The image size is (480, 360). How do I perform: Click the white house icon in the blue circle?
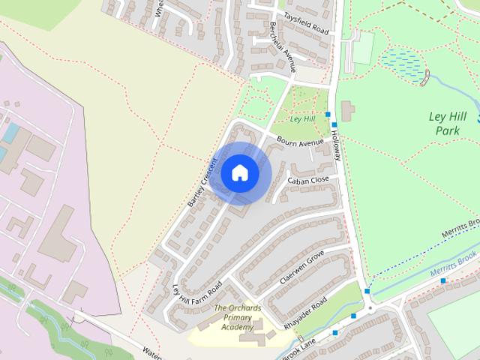(x=240, y=172)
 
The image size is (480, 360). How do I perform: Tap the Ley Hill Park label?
(x=447, y=124)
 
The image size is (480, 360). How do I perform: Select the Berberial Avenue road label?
(x=282, y=45)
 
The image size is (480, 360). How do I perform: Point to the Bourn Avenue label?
(x=299, y=142)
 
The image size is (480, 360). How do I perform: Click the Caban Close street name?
(x=307, y=180)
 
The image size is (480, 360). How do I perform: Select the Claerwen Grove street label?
(x=301, y=267)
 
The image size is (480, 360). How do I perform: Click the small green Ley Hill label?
(x=301, y=119)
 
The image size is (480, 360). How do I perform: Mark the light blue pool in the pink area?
(x=10, y=133)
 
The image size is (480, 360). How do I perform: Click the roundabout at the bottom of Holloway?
(x=369, y=307)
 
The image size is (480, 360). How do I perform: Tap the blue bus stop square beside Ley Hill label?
(x=328, y=114)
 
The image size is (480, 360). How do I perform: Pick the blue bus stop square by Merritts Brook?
(x=443, y=280)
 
